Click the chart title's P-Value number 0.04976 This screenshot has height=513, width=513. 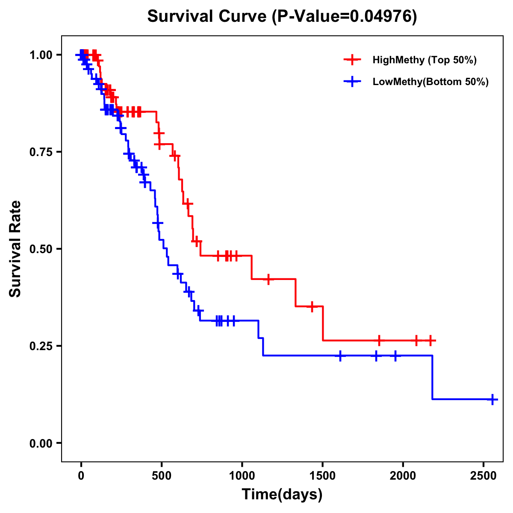click(x=381, y=16)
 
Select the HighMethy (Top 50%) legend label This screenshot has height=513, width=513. click(x=424, y=60)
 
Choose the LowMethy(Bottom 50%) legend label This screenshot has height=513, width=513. click(x=430, y=82)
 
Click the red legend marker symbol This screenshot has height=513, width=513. click(x=352, y=60)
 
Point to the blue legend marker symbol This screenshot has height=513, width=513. click(x=352, y=82)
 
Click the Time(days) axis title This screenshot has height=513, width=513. click(x=282, y=495)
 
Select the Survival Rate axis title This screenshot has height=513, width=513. click(x=15, y=249)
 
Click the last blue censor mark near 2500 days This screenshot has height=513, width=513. click(x=492, y=399)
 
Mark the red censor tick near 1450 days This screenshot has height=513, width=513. click(x=312, y=307)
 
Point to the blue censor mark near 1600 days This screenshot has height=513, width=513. click(x=340, y=356)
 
